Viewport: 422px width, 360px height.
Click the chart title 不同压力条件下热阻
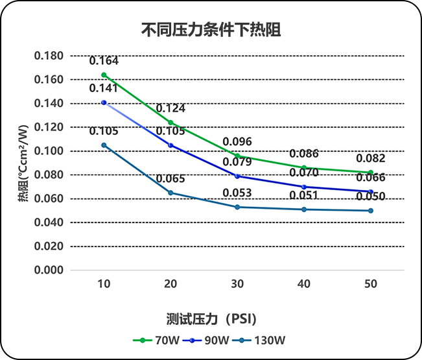tap(211, 30)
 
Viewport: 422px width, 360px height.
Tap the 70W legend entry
tap(149, 340)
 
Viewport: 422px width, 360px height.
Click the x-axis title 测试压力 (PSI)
tap(211, 318)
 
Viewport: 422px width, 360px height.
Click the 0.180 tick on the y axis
tap(49, 56)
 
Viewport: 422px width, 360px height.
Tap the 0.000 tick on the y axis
tap(49, 270)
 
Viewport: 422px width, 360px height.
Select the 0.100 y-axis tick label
tap(49, 151)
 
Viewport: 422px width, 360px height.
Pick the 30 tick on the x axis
tap(237, 284)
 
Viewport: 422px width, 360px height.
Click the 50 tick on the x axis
tap(371, 284)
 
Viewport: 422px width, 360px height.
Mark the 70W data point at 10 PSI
tap(104, 75)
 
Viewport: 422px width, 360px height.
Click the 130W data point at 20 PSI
tap(170, 193)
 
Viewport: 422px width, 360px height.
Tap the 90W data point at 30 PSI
tap(237, 176)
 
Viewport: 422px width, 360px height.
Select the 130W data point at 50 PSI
tap(371, 210)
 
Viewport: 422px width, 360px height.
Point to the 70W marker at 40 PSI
tap(304, 167)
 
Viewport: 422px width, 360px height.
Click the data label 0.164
tap(104, 62)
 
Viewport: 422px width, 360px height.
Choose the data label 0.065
tap(170, 179)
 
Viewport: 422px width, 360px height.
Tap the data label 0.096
tap(237, 142)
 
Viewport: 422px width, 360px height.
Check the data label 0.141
tap(104, 89)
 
